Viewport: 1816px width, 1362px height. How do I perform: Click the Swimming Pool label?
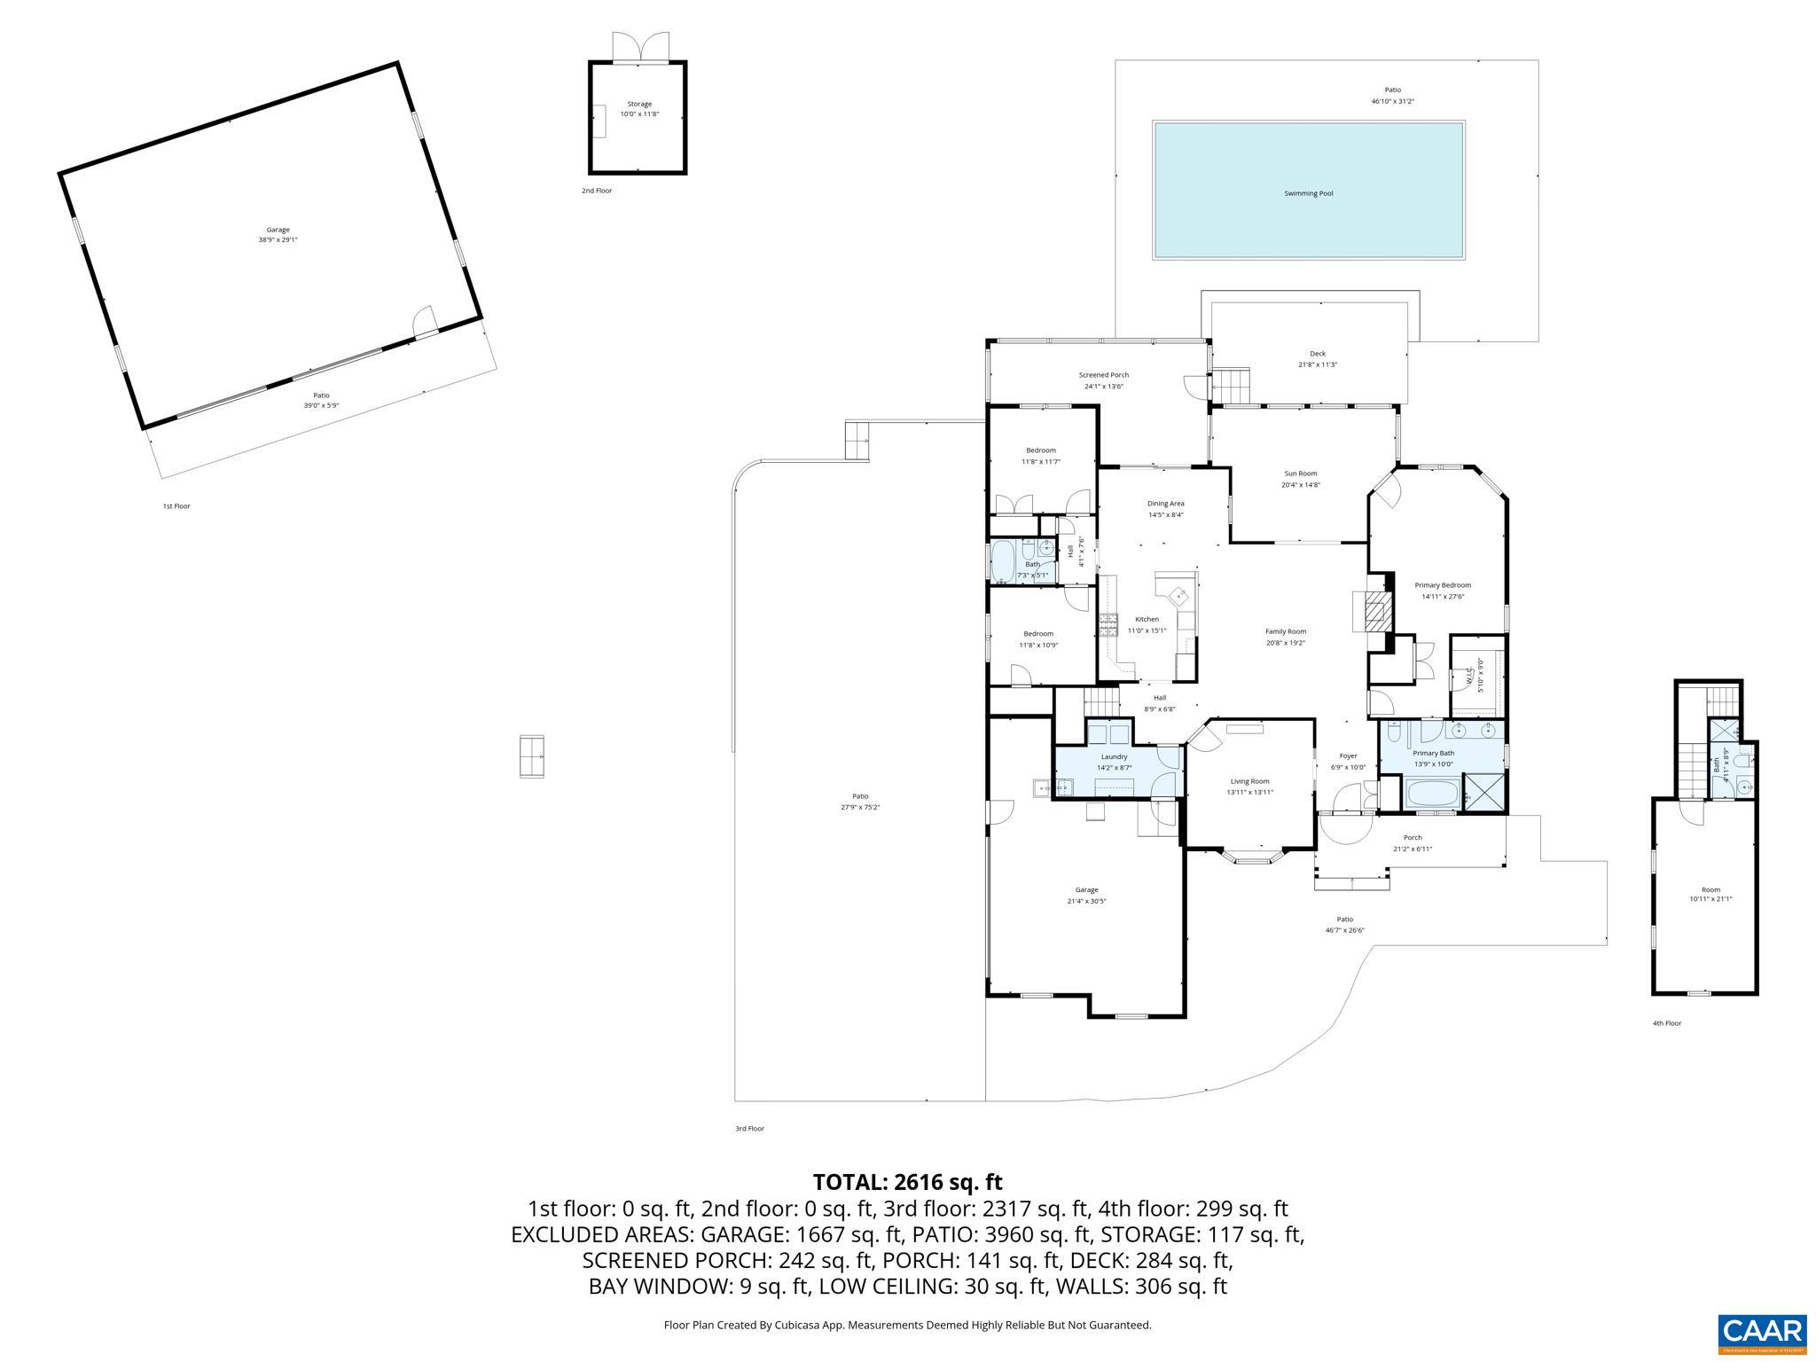pos(1308,193)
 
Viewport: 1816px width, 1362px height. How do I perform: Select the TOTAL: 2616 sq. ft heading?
pos(907,1182)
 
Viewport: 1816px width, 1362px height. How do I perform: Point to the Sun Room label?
pos(1300,474)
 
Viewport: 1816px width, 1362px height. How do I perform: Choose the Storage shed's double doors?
pos(639,46)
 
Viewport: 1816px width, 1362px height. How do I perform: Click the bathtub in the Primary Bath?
pos(1430,791)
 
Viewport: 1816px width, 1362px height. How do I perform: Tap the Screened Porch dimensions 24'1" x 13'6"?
pos(1103,387)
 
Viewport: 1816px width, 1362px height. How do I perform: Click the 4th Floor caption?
pos(1666,1023)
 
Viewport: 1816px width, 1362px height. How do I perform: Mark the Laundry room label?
pos(1114,756)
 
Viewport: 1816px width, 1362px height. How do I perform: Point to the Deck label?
pos(1318,354)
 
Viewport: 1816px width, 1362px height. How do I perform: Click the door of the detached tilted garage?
pos(426,323)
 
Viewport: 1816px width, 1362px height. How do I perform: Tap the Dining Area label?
pos(1165,504)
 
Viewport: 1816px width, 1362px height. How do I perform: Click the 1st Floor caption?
pos(176,506)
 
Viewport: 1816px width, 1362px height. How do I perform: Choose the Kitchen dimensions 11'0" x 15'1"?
pos(1147,630)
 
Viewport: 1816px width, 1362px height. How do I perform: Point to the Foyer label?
pos(1347,756)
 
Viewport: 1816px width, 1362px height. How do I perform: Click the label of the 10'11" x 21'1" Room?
pos(1710,889)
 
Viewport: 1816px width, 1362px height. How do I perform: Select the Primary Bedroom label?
pos(1442,585)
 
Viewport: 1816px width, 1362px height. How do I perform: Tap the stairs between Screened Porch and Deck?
pos(1231,386)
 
